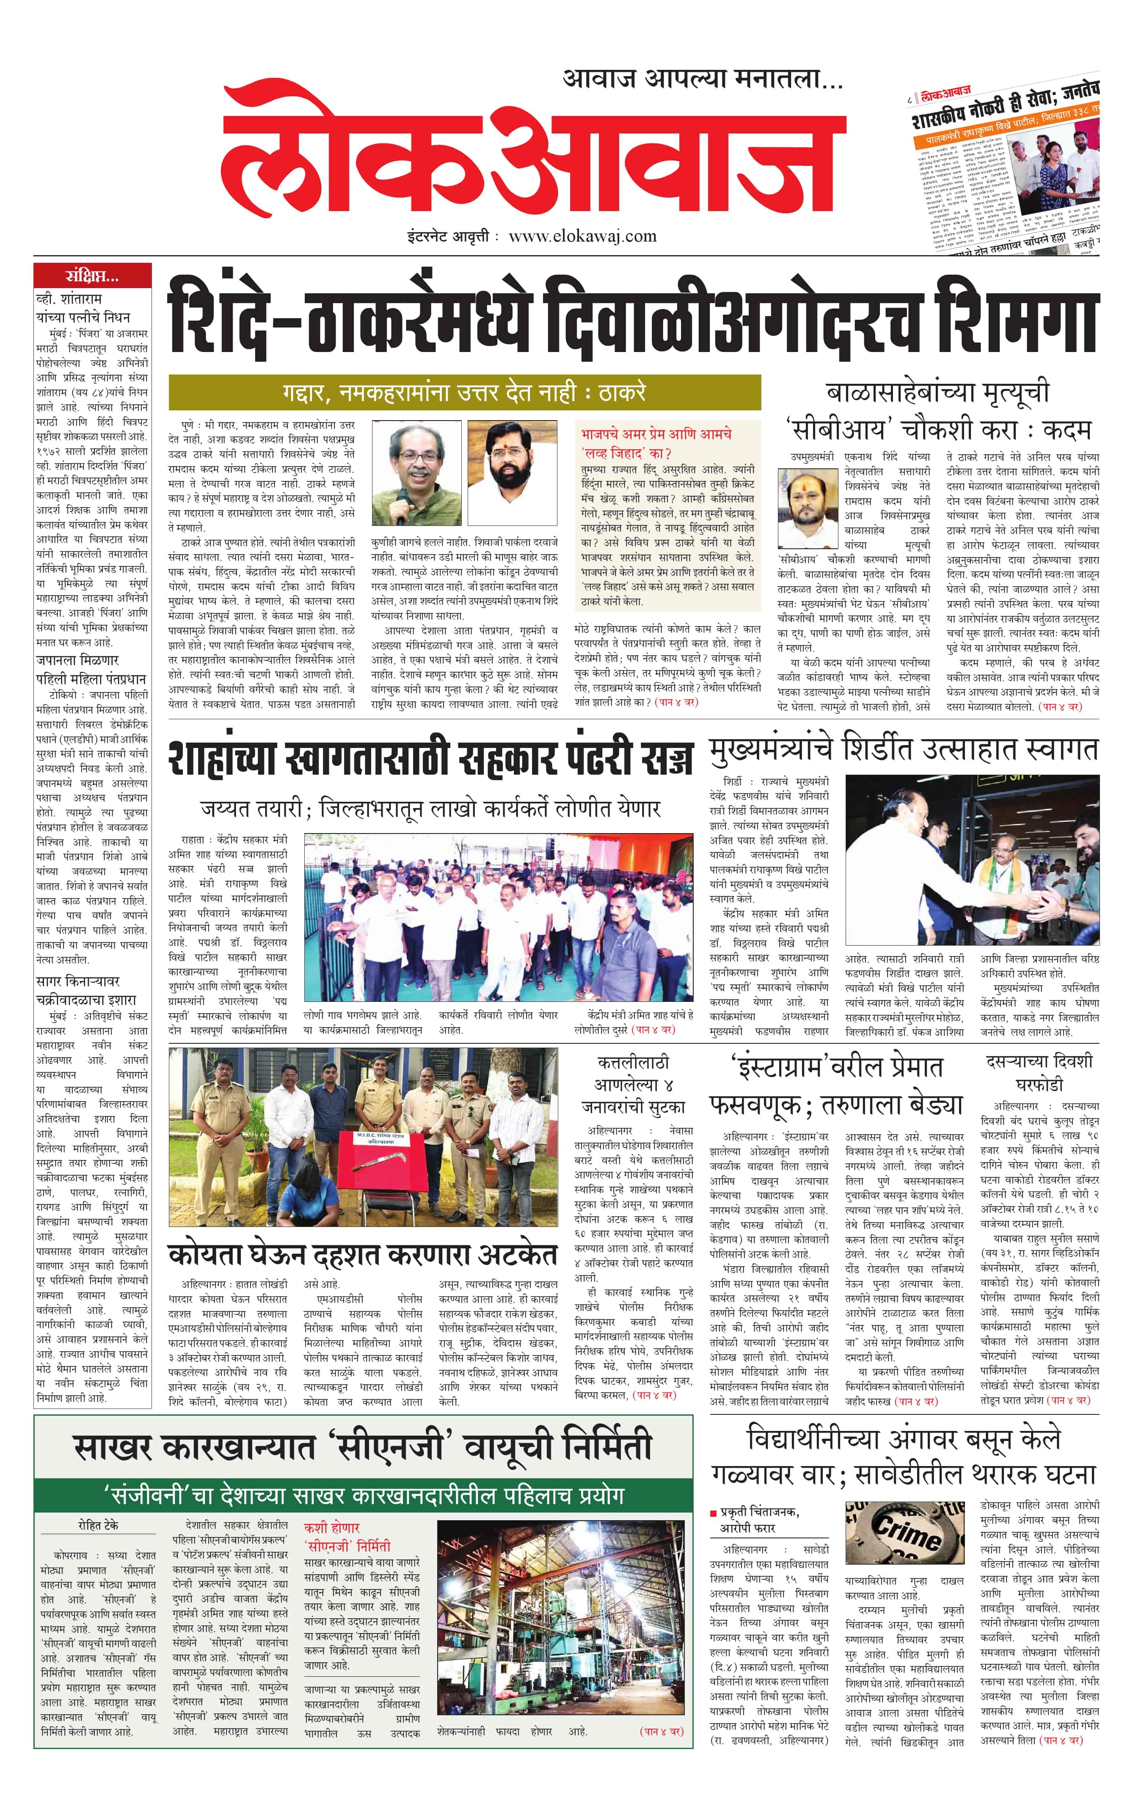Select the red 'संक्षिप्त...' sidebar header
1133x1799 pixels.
(x=92, y=276)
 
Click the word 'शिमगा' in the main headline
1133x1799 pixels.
(x=1020, y=317)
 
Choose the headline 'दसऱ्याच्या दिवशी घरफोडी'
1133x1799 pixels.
(x=1039, y=1072)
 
